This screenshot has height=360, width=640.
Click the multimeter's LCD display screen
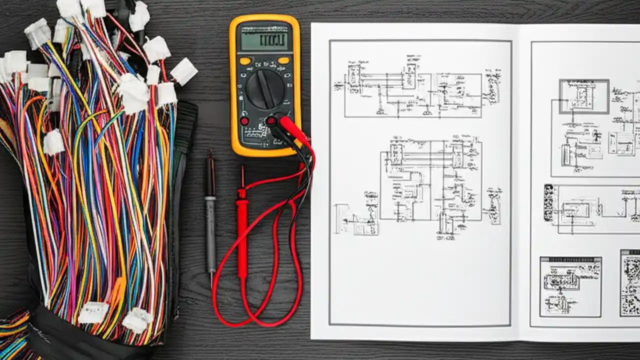264,41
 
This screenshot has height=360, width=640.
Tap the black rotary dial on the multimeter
265,88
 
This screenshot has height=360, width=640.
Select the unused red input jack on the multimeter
244,121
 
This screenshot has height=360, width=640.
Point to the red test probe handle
242,235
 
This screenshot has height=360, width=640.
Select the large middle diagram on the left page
430,180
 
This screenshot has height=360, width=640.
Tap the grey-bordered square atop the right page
584,96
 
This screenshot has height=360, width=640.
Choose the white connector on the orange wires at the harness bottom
93,313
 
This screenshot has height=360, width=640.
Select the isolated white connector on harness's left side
53,142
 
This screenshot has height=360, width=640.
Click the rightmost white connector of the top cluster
184,71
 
